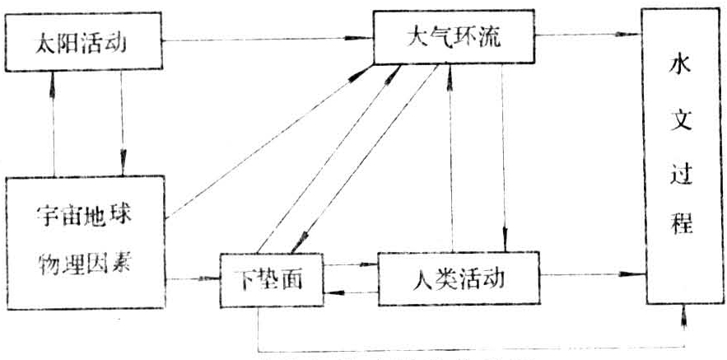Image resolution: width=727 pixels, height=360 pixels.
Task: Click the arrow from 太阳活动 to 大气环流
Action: (x=263, y=38)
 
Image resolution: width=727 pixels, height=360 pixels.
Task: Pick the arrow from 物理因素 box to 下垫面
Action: (x=194, y=278)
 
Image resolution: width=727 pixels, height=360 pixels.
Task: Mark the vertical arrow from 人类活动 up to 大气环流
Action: (x=450, y=157)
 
